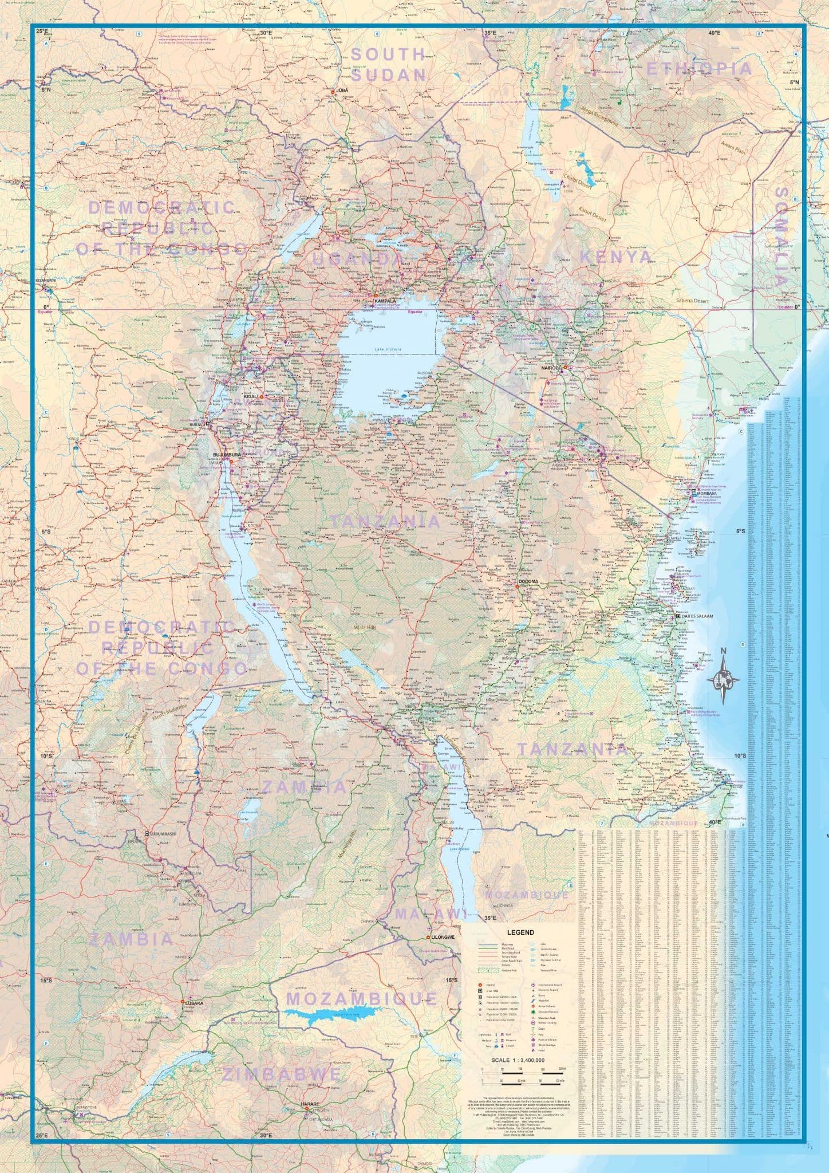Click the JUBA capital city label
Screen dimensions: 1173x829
click(342, 90)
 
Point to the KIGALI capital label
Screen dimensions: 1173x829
click(251, 396)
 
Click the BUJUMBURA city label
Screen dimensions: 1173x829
click(225, 454)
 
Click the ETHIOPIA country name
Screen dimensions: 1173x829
click(698, 69)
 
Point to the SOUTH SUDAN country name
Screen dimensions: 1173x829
click(388, 64)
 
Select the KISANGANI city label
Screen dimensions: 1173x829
click(47, 281)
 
